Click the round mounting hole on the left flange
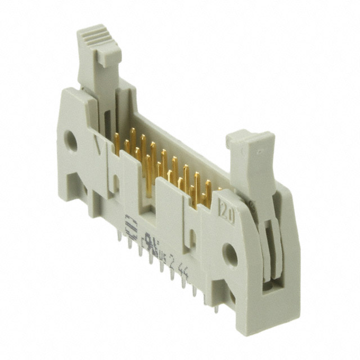tap(71, 142)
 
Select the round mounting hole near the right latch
tap(230, 255)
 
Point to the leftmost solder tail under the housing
tap(120, 236)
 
